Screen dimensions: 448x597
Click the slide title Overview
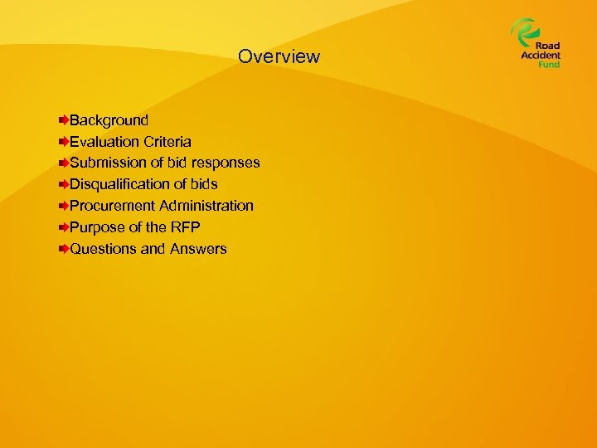279,56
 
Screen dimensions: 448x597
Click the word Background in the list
109,120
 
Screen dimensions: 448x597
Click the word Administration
206,206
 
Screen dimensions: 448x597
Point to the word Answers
198,249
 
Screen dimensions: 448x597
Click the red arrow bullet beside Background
64,121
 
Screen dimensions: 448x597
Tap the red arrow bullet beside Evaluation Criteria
64,142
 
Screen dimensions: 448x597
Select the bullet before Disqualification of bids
64,184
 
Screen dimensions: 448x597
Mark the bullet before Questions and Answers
64,249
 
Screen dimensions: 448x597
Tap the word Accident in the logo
541,56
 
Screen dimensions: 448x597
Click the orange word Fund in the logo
549,64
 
